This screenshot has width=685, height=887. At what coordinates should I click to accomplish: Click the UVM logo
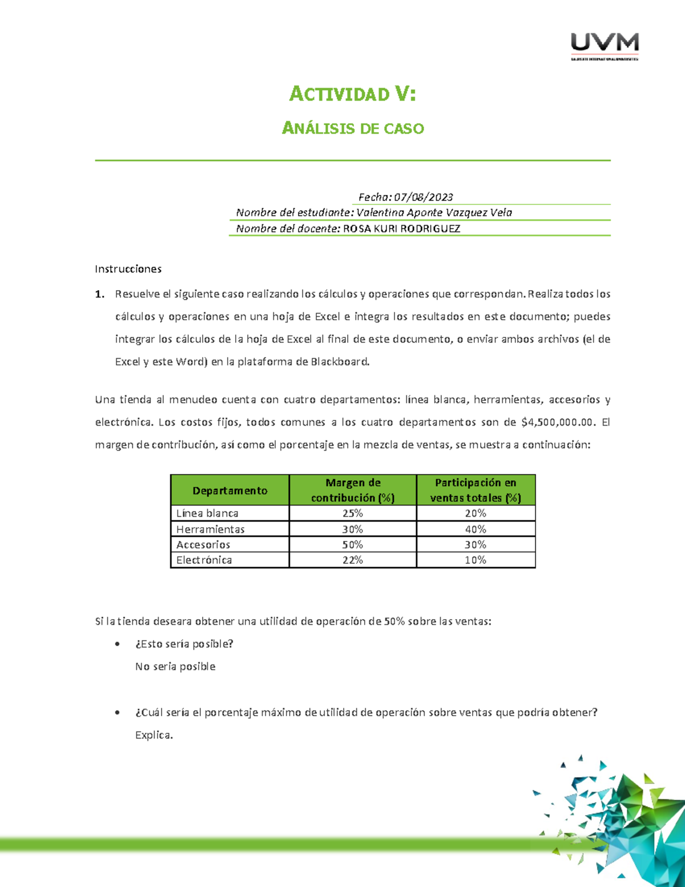tap(605, 46)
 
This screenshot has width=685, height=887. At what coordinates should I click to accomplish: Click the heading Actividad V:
tap(352, 94)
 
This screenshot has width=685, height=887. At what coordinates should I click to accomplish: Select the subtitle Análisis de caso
tap(353, 129)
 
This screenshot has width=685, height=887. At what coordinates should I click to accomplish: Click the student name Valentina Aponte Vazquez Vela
tap(434, 212)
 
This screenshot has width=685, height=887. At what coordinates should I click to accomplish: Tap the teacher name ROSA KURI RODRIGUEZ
tap(401, 228)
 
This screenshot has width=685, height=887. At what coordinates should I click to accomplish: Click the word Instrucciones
tap(128, 269)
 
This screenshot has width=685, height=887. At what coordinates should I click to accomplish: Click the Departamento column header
tap(229, 491)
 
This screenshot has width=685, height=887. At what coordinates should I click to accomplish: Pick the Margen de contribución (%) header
tap(353, 490)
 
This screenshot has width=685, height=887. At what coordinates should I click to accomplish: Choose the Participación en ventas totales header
tap(476, 490)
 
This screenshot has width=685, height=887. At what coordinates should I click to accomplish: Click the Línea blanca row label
tap(207, 513)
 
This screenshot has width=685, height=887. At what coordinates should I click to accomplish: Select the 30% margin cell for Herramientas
tap(353, 529)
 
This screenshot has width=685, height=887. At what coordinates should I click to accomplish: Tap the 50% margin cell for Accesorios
tap(353, 545)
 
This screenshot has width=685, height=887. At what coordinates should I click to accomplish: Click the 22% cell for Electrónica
tap(353, 560)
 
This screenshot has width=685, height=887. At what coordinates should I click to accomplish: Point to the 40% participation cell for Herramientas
tap(476, 529)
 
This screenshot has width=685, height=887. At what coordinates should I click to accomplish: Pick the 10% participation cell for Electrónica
tap(476, 560)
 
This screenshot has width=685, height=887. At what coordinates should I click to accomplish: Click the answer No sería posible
tap(175, 667)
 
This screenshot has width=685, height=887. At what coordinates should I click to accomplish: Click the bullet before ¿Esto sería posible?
tap(118, 644)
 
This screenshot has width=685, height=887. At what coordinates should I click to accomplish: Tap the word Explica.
tap(154, 735)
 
